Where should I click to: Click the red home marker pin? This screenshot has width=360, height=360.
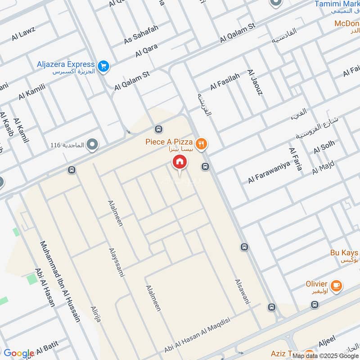(179, 162)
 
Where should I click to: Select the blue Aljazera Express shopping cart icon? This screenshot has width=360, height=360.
(104, 66)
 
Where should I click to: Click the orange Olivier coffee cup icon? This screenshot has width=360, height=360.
(336, 285)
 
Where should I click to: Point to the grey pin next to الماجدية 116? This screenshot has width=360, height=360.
(93, 145)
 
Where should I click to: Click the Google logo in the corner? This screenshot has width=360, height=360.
(19, 353)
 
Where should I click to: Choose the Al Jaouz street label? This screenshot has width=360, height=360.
(254, 82)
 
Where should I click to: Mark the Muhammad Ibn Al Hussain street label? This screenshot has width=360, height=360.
(60, 281)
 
